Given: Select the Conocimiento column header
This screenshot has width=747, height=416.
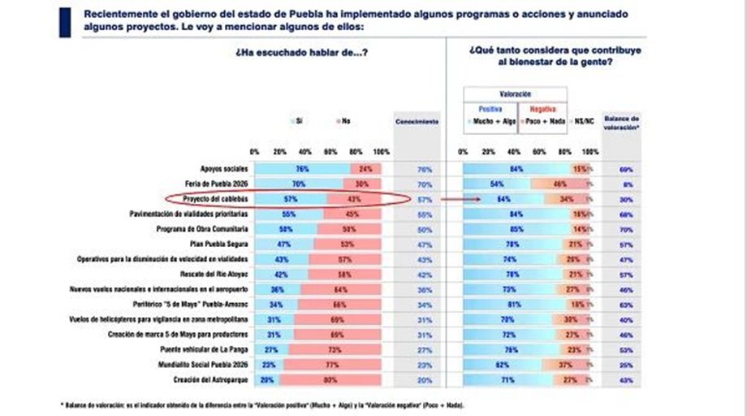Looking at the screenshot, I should pyautogui.click(x=417, y=121).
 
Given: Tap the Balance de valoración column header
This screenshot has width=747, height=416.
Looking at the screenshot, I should pyautogui.click(x=621, y=121).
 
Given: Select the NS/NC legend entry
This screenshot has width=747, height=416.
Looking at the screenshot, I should pyautogui.click(x=585, y=121).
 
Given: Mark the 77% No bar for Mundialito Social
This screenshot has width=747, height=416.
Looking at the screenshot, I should pyautogui.click(x=332, y=365).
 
